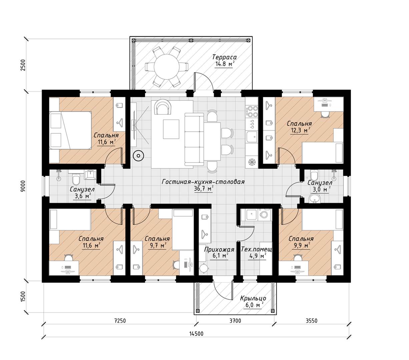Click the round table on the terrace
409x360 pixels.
(x=166, y=67)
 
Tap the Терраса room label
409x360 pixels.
(x=224, y=57)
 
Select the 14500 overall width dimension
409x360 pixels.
(x=196, y=334)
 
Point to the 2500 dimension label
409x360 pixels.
(x=23, y=65)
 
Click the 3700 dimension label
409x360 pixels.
(x=235, y=320)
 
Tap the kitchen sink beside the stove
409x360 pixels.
(x=252, y=137)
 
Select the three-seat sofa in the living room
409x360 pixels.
(x=194, y=139)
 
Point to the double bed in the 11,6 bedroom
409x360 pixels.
(x=70, y=130)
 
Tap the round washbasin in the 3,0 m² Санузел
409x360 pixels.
(x=314, y=198)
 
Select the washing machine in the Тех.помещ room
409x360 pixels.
(x=264, y=215)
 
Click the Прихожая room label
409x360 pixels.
(x=219, y=250)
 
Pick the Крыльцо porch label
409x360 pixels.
(x=253, y=298)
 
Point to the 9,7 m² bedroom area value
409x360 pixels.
(x=157, y=246)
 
